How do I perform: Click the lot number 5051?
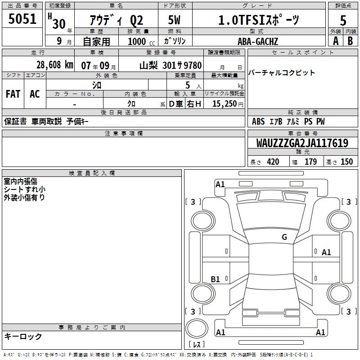coord(22,19)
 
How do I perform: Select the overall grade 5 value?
coord(343,20)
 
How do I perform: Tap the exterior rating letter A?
coord(336,41)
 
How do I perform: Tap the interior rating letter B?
coord(350,41)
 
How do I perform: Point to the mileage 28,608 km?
coord(55,65)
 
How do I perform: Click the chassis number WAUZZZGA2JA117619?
coord(302,143)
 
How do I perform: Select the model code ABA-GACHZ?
coord(257,41)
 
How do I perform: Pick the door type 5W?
coord(174,20)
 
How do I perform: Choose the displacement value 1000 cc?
coord(141,41)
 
